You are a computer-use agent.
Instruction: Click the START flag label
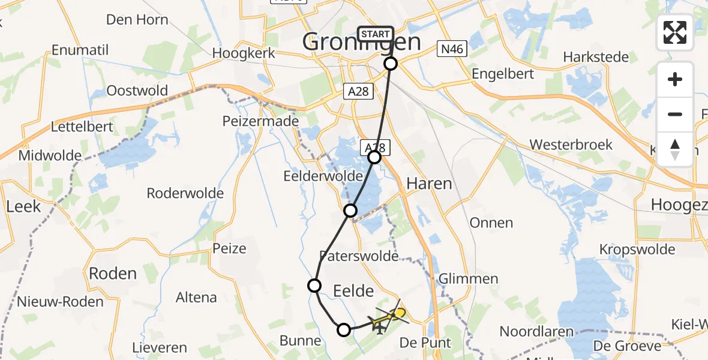(376, 34)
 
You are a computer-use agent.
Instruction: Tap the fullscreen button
(675, 32)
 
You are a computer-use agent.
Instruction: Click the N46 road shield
(451, 50)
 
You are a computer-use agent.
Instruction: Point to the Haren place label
(429, 184)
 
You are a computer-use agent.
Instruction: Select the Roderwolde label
(185, 193)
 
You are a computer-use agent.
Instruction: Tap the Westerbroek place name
(571, 145)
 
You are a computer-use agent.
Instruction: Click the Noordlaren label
(536, 332)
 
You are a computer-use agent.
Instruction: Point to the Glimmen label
(469, 278)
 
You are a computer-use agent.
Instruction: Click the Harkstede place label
(596, 58)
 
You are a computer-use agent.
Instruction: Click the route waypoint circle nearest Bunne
(344, 329)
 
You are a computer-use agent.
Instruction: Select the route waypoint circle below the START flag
(391, 63)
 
